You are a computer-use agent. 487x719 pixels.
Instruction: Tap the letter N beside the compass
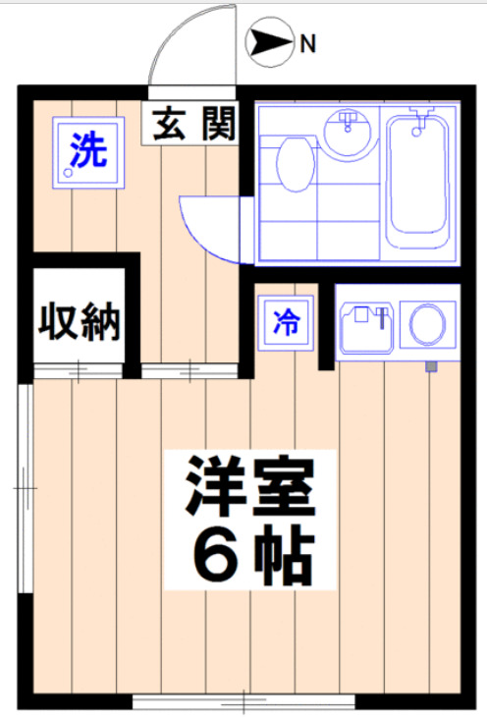point(307,43)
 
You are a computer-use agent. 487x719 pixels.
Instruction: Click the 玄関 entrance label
point(192,126)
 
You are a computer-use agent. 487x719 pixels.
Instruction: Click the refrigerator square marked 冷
point(286,320)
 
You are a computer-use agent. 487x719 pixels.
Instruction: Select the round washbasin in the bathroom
point(348,135)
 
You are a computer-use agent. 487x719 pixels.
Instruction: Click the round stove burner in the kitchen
point(429,324)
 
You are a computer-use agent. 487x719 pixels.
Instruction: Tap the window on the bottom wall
point(243,702)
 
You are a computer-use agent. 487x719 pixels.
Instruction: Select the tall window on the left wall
point(26,486)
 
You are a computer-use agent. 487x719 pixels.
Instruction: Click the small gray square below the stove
point(430,367)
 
